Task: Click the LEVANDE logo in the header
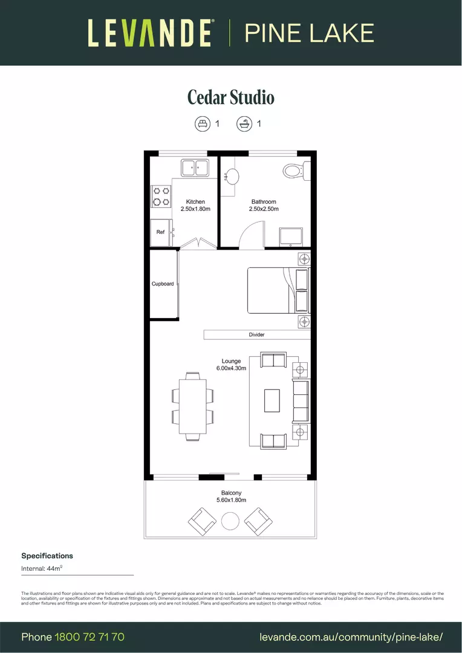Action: coord(150,33)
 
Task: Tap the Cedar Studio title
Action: coord(230,97)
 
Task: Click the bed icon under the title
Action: coord(202,124)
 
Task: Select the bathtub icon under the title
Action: coord(244,124)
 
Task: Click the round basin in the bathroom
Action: coord(232,176)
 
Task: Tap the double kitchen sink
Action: coord(195,167)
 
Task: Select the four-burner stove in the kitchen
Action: coord(160,196)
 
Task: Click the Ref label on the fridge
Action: coord(160,232)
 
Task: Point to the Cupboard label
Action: coord(163,284)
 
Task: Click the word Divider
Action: coord(256,334)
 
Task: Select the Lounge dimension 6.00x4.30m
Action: coord(231,368)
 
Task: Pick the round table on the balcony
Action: coord(230,521)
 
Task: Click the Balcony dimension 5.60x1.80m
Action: coord(231,500)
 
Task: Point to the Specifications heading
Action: coord(47,556)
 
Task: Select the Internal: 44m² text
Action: coord(42,568)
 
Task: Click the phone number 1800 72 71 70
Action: coord(89,637)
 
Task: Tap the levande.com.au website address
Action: coord(351,637)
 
